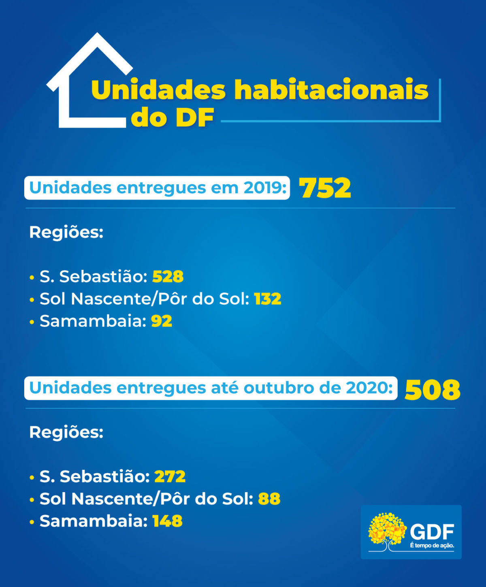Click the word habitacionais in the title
click(x=331, y=90)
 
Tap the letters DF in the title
click(x=194, y=118)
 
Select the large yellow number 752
click(x=325, y=188)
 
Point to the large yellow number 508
click(x=432, y=390)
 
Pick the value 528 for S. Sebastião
click(x=168, y=277)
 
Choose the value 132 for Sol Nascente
click(x=268, y=299)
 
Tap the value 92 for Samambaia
click(x=162, y=321)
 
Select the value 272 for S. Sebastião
click(x=170, y=476)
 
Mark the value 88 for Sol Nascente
click(x=269, y=499)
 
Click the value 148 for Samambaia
click(x=168, y=521)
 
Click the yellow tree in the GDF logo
click(x=387, y=529)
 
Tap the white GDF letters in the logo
click(x=432, y=532)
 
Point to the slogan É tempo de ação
click(x=432, y=546)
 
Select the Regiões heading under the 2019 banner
click(x=66, y=233)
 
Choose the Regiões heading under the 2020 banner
click(x=66, y=432)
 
